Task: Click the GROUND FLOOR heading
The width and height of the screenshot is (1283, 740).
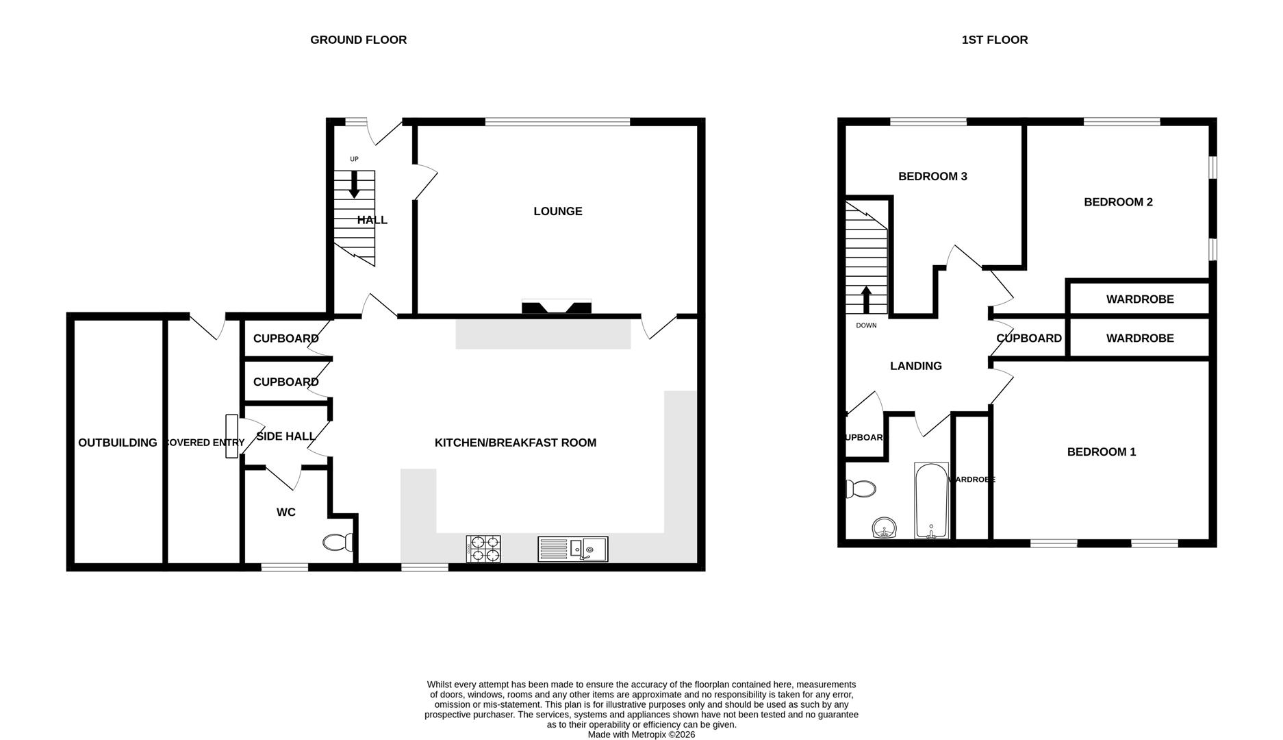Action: [x=358, y=40]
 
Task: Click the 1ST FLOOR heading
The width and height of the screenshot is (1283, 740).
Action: [x=994, y=40]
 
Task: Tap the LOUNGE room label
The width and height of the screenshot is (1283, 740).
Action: [x=557, y=211]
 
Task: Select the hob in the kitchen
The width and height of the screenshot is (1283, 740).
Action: [x=483, y=549]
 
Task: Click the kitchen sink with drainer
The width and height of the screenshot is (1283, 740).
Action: [x=572, y=549]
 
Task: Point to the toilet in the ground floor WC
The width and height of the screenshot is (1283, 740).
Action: [x=338, y=543]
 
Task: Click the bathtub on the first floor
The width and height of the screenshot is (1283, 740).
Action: [x=931, y=501]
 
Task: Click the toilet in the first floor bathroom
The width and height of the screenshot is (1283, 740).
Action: [x=861, y=489]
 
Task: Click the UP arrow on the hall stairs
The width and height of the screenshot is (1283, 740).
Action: [x=354, y=184]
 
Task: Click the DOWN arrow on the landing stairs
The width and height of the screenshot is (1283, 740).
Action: [x=866, y=299]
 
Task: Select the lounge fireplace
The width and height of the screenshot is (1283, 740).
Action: [x=556, y=307]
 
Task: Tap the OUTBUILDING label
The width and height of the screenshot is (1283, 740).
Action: [x=117, y=443]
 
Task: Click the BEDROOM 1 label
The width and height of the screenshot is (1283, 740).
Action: [x=1101, y=452]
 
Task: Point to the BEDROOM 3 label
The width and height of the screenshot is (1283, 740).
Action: [x=932, y=176]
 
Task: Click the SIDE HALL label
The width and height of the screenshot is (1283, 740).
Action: [x=285, y=436]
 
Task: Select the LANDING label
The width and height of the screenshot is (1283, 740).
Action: [x=915, y=366]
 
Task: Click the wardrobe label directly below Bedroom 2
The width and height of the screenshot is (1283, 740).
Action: [x=1139, y=299]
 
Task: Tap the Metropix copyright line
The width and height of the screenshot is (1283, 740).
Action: [x=641, y=735]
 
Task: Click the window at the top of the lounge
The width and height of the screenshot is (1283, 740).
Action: [x=557, y=122]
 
